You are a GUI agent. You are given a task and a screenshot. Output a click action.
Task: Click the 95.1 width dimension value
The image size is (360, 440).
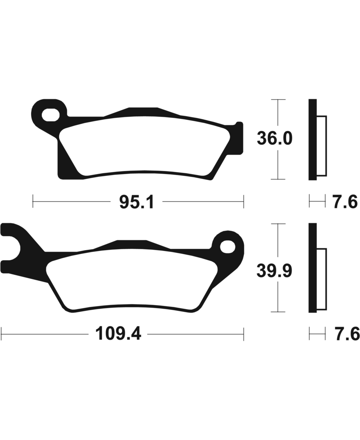137,202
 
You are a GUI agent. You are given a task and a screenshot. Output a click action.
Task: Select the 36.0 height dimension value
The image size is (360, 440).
274,139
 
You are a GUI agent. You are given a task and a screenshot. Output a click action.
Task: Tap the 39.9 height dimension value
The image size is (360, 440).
274,271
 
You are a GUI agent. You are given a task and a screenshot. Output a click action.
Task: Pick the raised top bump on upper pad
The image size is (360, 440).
143,111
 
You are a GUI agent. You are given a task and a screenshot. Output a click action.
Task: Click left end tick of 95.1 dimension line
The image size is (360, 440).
33,201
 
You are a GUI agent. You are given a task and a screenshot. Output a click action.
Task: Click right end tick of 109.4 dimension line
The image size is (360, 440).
243,334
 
